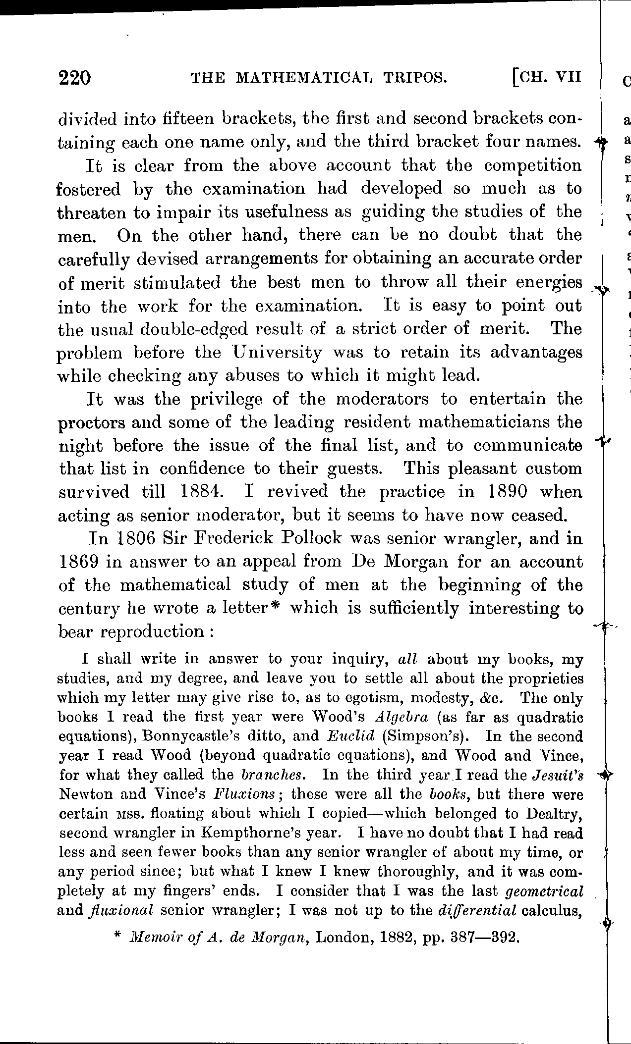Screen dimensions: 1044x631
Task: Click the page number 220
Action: (74, 78)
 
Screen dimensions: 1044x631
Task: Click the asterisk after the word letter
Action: (277, 607)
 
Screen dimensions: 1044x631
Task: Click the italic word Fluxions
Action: (246, 794)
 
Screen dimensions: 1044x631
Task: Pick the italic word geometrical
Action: (544, 891)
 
